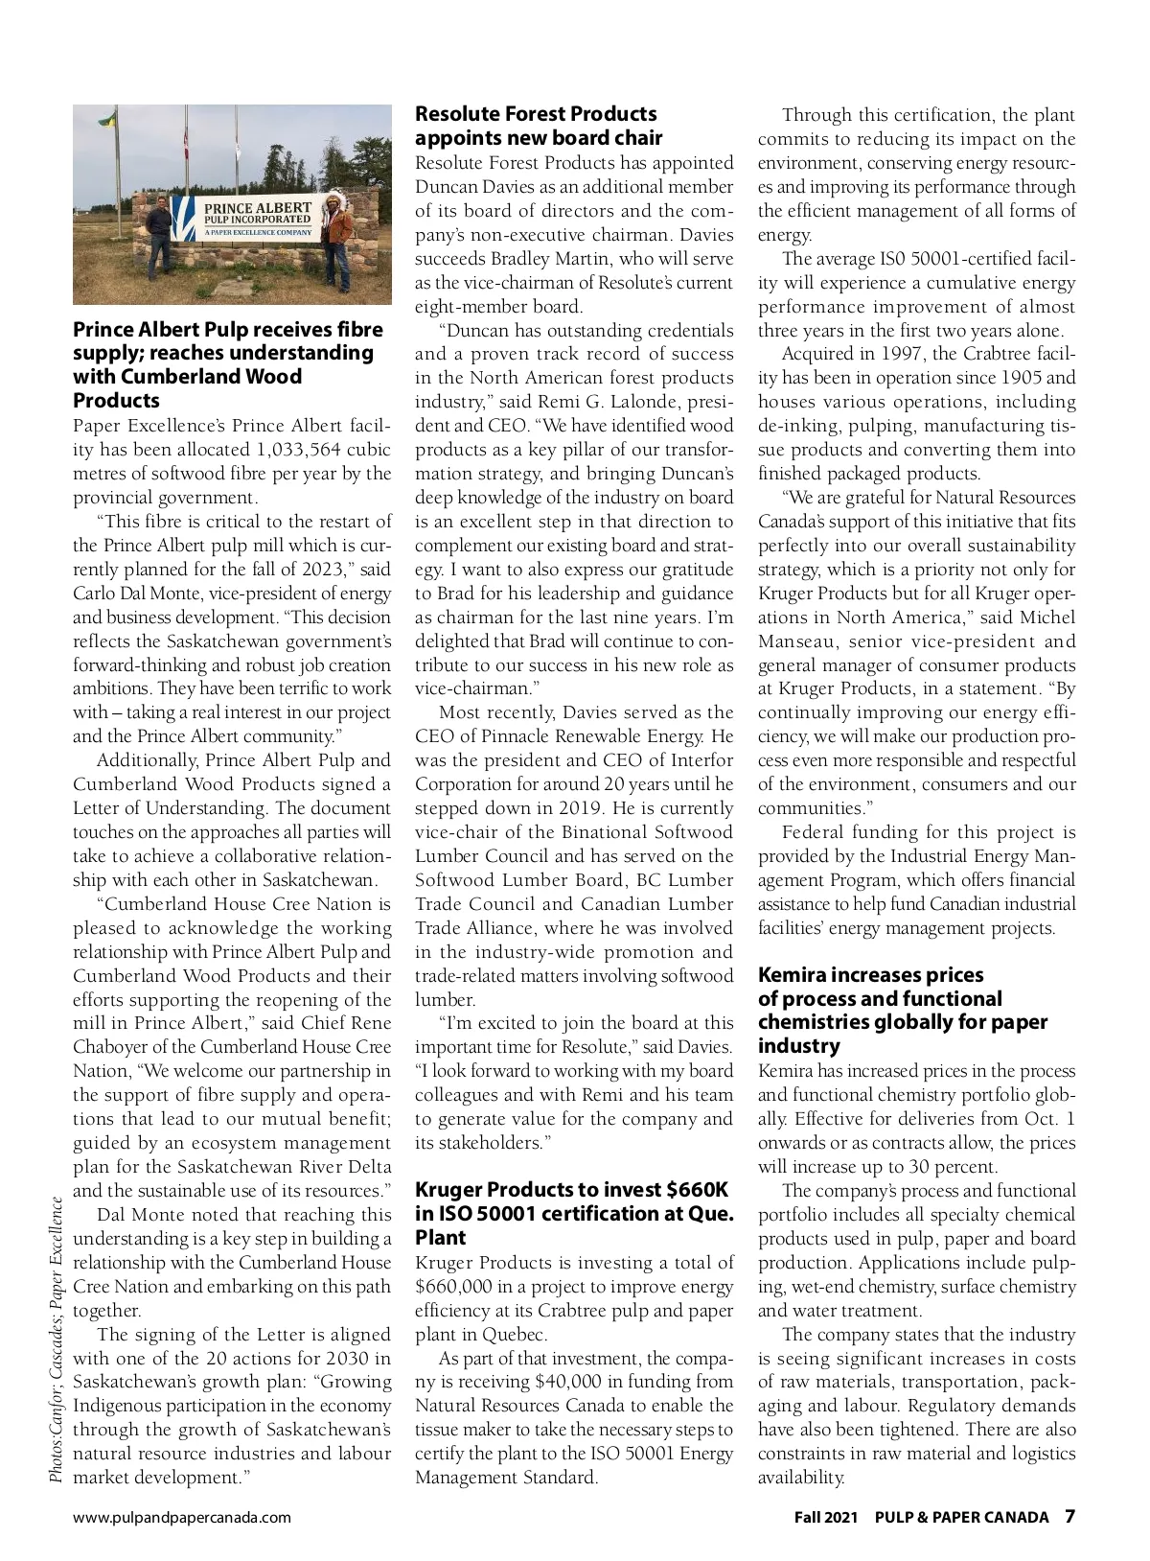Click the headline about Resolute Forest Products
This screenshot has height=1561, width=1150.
click(538, 126)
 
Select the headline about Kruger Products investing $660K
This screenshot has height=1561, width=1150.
click(573, 1213)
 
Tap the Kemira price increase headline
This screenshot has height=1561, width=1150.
click(902, 1010)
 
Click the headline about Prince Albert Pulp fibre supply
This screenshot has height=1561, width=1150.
click(228, 364)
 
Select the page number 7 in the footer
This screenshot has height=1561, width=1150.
click(1069, 1516)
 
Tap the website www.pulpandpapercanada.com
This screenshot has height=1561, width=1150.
click(182, 1517)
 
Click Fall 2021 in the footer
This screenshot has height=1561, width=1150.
click(825, 1517)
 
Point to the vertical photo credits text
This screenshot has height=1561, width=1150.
click(57, 1338)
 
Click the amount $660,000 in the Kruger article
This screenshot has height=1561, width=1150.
click(456, 1287)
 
